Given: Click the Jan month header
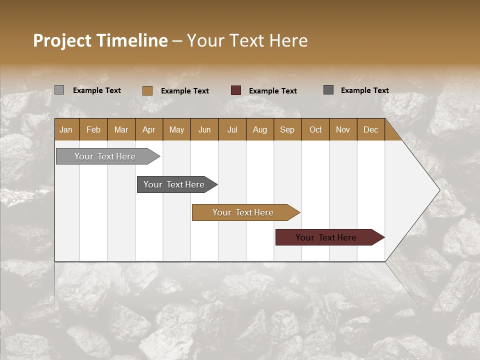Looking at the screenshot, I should point(66,129).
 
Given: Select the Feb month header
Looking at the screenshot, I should point(93,129).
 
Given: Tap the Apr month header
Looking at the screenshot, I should point(148,129).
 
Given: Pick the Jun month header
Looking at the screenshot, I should point(204,129).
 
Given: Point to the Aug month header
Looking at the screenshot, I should point(259,129).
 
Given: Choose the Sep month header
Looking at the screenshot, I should point(287,129).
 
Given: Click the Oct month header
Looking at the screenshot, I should point(315,129).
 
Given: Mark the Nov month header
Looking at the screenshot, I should point(342,129).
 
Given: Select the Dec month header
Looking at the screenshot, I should point(370,129).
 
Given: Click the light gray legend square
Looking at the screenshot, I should point(59,90).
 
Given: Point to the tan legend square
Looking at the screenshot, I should point(147,90).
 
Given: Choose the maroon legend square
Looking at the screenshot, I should point(236,90).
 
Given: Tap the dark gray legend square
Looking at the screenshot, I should point(328,90).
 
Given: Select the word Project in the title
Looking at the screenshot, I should point(61,40).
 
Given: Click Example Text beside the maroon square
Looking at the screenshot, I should point(272,91).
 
